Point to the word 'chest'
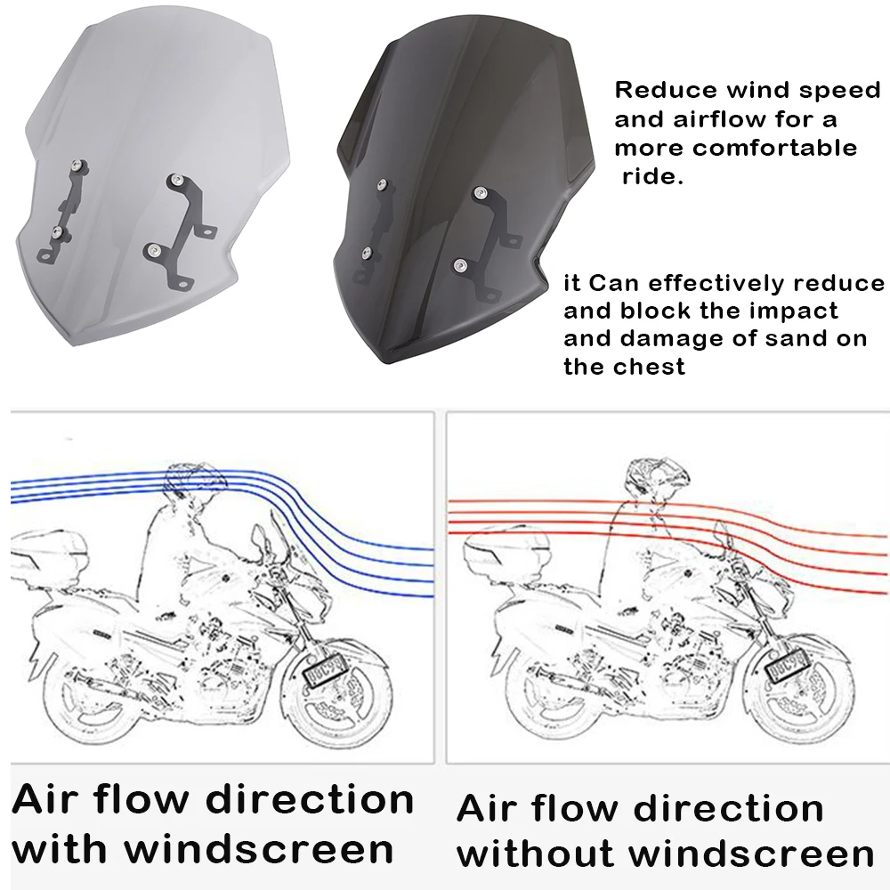tap(652, 367)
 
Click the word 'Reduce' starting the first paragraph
tap(656, 91)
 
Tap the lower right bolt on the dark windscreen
tap(460, 264)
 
